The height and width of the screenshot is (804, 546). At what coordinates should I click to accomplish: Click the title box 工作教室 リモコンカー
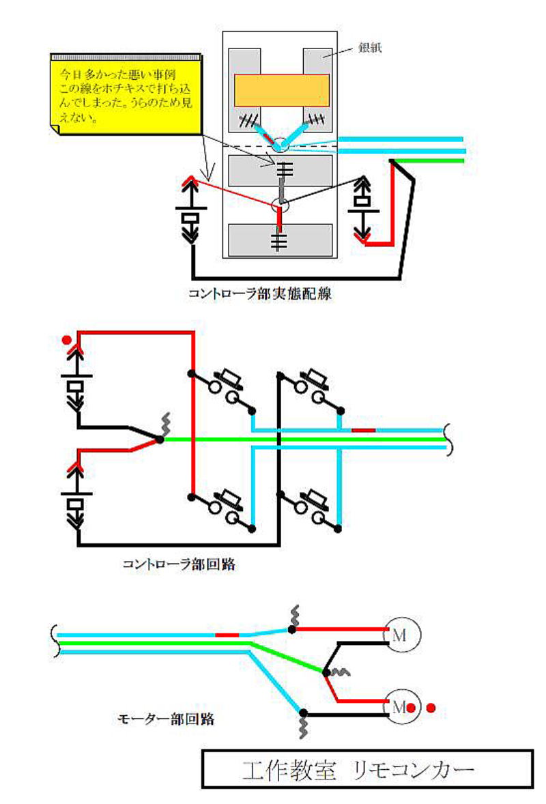pyautogui.click(x=367, y=769)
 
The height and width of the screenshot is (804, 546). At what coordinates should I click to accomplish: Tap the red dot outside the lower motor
pyautogui.click(x=431, y=708)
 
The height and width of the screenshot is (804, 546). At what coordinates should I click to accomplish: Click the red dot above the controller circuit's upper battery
pyautogui.click(x=66, y=339)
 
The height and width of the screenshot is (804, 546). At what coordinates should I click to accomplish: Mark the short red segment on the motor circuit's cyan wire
pyautogui.click(x=227, y=635)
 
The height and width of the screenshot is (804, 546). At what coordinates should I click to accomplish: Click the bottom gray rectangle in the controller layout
pyautogui.click(x=281, y=239)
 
